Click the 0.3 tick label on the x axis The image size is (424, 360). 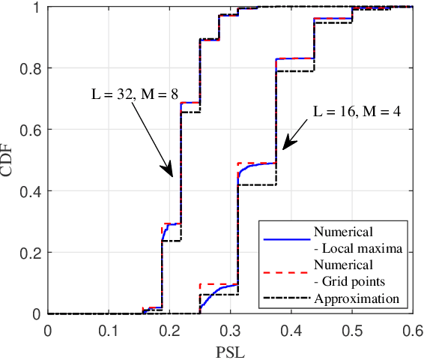[x=230, y=329]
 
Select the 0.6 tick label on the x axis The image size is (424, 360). [x=411, y=329]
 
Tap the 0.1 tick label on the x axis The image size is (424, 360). [x=109, y=329]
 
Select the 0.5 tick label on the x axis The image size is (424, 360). [x=351, y=329]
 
